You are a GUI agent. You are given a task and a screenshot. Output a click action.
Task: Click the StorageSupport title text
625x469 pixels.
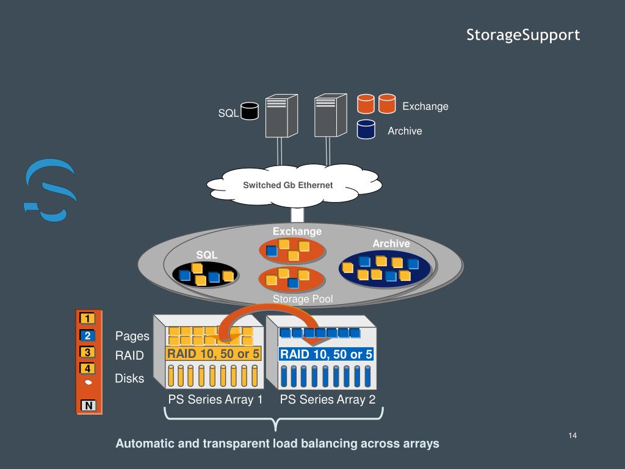523,35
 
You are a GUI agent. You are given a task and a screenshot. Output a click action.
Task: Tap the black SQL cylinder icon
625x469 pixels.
250,111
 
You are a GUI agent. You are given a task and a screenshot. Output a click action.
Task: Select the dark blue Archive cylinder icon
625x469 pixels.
366,129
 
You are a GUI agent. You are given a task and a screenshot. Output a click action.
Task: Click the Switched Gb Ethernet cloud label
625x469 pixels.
288,185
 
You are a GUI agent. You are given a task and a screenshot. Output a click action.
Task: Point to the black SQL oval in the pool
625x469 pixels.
205,275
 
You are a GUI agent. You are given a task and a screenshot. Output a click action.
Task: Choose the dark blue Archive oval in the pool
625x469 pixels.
385,269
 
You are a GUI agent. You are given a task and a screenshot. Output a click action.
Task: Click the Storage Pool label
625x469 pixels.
303,299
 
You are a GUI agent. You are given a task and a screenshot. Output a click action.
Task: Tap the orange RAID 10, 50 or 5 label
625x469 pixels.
214,354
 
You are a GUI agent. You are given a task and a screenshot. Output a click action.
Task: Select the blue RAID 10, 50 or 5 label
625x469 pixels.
326,354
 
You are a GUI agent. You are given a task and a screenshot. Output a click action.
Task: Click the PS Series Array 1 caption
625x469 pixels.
215,399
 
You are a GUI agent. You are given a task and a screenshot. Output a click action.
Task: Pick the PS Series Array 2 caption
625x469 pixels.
328,399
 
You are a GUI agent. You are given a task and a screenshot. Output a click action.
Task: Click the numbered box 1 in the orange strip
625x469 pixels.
88,318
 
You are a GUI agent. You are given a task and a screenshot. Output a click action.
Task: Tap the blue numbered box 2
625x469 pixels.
88,335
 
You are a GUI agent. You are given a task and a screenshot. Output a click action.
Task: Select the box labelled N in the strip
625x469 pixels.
89,405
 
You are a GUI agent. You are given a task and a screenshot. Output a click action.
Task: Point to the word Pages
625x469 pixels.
132,336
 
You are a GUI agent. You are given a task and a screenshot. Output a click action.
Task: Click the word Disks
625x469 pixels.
129,379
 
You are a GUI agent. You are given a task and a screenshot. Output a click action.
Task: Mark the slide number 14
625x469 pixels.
573,435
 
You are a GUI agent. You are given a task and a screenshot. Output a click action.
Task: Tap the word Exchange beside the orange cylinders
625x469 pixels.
425,106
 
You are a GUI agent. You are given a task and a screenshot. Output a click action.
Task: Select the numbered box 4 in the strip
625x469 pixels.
88,368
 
